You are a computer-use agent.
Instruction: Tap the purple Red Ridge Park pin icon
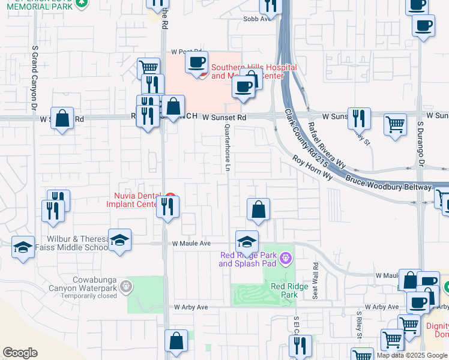(285, 259)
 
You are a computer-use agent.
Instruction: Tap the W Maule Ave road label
(191, 244)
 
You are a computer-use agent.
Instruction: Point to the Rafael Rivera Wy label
(327, 145)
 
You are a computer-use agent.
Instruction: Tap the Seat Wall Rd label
(314, 279)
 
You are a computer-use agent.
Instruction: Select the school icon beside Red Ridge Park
(247, 242)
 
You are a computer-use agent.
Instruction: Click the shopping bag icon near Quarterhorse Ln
(258, 210)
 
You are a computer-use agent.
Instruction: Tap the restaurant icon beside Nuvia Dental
(167, 207)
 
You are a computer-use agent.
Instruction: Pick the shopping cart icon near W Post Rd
(148, 68)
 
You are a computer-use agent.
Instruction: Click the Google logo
(20, 353)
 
